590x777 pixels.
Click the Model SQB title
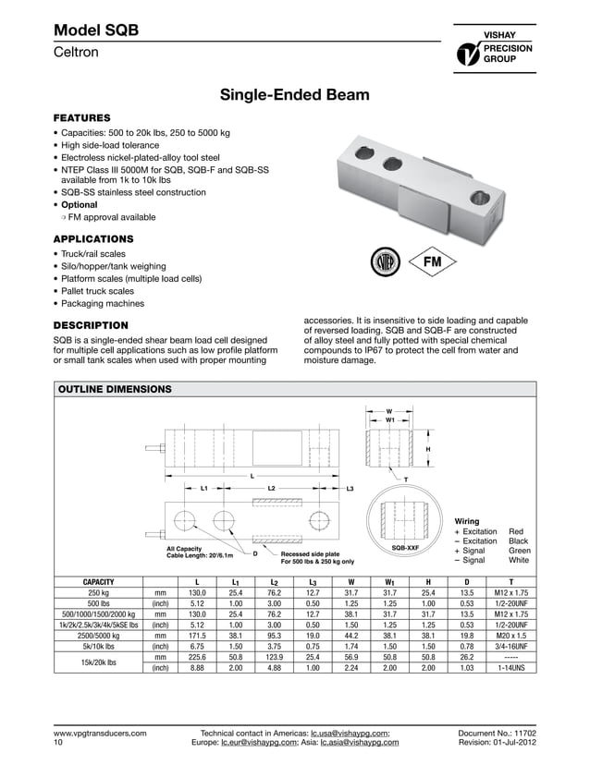click(x=96, y=30)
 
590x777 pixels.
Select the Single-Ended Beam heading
click(x=293, y=95)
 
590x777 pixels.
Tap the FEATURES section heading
click(x=82, y=118)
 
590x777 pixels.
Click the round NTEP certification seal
click(x=384, y=261)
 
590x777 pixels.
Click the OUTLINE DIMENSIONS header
click(x=115, y=390)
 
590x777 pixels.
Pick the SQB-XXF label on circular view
click(x=406, y=548)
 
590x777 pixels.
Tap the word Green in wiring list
click(x=519, y=551)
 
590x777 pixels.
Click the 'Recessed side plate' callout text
click(x=310, y=553)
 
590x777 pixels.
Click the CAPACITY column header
click(x=99, y=582)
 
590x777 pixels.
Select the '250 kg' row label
click(x=99, y=593)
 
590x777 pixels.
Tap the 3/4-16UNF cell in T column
click(x=505, y=647)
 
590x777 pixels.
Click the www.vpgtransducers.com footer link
click(x=100, y=733)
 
